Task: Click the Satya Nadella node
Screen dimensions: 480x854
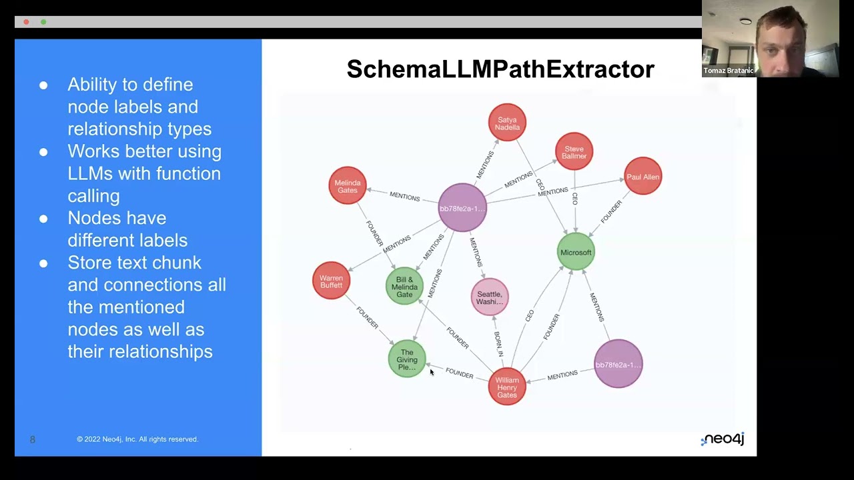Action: point(507,123)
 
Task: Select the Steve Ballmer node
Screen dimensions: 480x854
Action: point(574,152)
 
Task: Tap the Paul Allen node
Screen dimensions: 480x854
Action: point(643,177)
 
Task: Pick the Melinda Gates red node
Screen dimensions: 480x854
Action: point(347,186)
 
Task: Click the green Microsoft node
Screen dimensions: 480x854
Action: point(575,252)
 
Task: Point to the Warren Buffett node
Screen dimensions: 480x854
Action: point(331,281)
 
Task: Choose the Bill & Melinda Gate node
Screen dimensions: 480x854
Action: point(404,287)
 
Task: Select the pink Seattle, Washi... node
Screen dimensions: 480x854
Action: point(490,297)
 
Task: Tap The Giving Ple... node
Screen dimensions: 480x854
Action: point(407,359)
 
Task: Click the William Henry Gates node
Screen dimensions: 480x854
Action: point(507,387)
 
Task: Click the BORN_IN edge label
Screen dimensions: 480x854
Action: point(498,344)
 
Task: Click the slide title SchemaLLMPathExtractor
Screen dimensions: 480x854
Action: point(500,69)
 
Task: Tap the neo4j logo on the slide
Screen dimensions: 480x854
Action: point(723,439)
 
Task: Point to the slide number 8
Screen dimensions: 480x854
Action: point(32,439)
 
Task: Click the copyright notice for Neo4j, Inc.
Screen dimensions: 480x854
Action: point(137,439)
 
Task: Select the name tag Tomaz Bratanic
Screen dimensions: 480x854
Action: point(728,71)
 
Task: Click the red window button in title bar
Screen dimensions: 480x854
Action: point(26,22)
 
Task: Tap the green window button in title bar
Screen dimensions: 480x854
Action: point(43,22)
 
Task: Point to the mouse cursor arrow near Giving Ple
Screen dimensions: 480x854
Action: point(432,373)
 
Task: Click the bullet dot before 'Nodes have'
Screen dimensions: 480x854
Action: point(43,219)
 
